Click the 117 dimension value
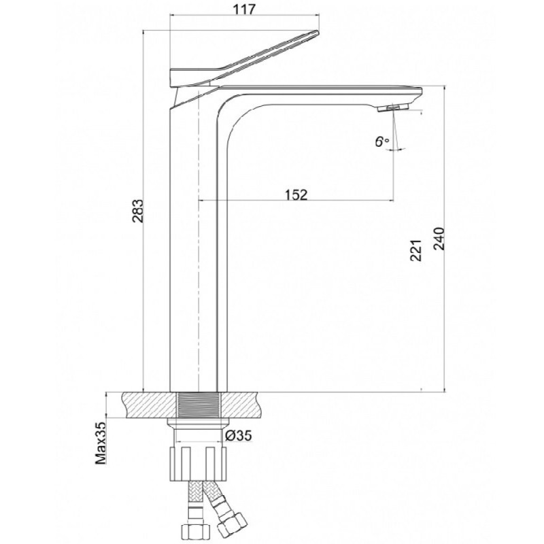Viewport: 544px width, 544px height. [244, 10]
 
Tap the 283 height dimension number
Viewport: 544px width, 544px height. [139, 211]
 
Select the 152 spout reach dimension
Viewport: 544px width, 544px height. [296, 194]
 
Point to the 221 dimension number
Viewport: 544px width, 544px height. [415, 250]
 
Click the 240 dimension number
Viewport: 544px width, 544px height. [439, 239]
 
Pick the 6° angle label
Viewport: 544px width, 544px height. [382, 141]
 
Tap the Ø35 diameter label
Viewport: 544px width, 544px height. [239, 435]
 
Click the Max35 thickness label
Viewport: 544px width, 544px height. [101, 443]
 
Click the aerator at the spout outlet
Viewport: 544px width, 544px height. [394, 108]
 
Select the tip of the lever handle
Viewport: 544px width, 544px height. [316, 32]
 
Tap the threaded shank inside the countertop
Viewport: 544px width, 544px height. [199, 405]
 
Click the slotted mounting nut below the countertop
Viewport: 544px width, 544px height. [198, 464]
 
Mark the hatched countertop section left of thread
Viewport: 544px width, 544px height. [150, 405]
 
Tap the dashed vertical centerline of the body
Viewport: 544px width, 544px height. [199, 239]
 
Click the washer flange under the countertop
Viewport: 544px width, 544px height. [198, 422]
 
